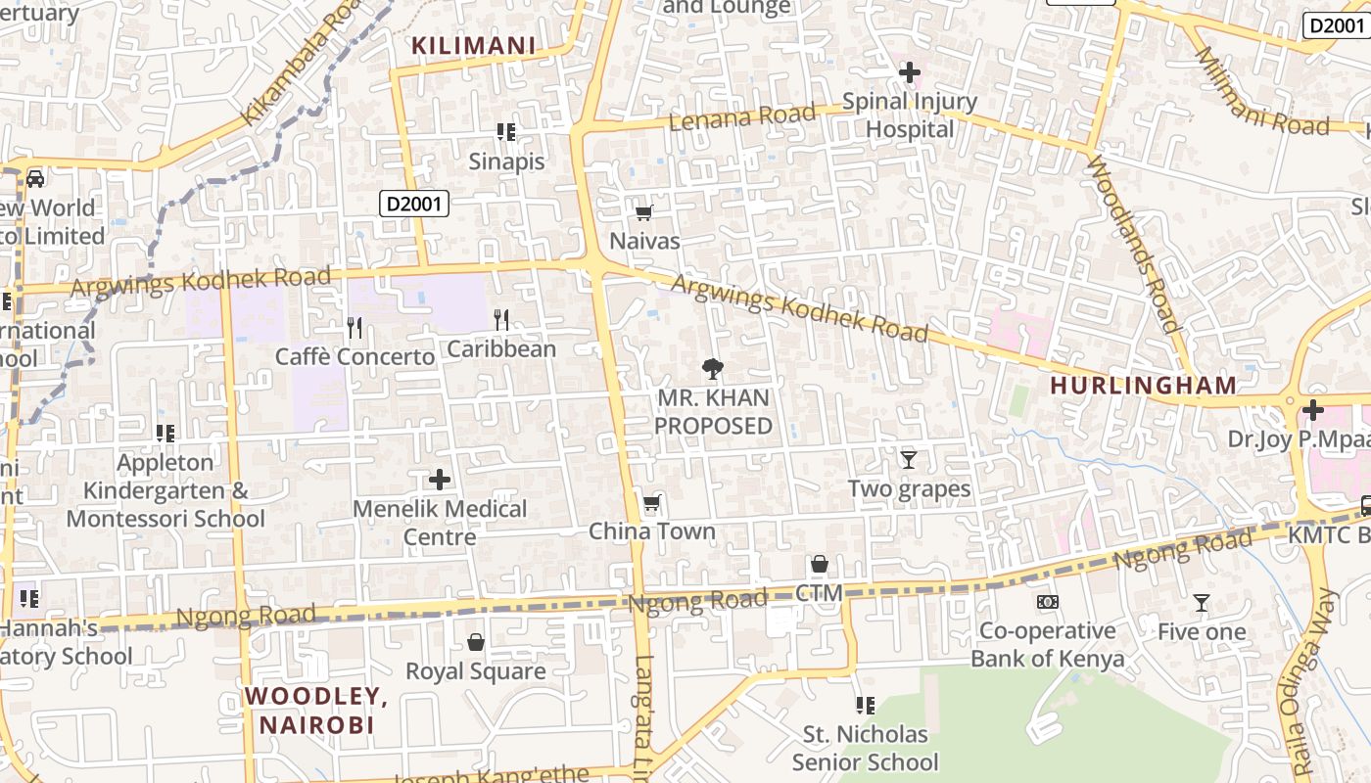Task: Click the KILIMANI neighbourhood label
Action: click(x=474, y=45)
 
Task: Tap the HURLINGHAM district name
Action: click(x=1144, y=386)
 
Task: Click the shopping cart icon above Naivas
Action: click(x=644, y=212)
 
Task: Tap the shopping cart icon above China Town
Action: click(x=652, y=503)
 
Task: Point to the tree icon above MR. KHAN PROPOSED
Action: click(x=714, y=369)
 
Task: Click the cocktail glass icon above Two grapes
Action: click(x=909, y=459)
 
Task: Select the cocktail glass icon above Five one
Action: click(x=1202, y=603)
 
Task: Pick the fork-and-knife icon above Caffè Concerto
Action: click(x=355, y=327)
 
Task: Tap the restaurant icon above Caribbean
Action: click(x=501, y=319)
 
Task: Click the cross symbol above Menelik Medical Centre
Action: click(x=440, y=480)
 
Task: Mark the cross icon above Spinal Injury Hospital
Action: click(x=909, y=72)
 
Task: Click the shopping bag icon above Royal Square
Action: click(x=476, y=642)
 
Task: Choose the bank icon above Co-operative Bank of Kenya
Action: click(x=1048, y=602)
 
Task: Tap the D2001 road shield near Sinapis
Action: click(x=414, y=204)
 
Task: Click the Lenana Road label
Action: click(x=741, y=117)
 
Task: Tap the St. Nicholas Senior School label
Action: click(x=865, y=748)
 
